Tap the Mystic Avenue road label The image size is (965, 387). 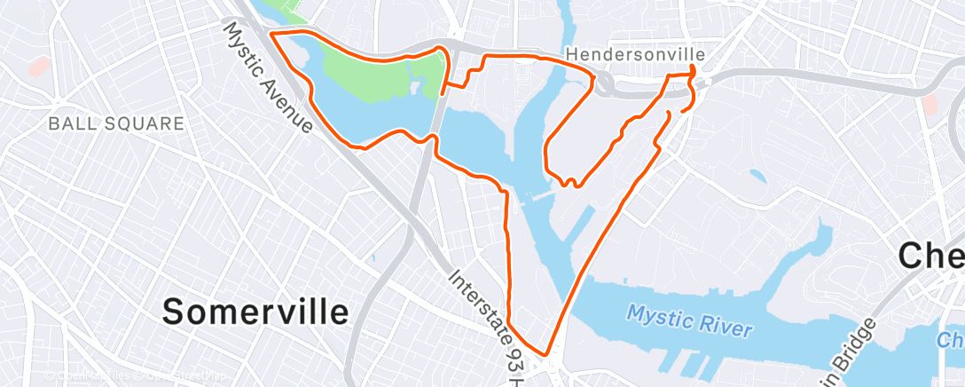268,78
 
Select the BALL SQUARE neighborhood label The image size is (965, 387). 116,123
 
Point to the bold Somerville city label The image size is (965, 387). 255,312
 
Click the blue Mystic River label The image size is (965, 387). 690,321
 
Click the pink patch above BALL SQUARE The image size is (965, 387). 38,66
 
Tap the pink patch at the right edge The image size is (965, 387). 929,107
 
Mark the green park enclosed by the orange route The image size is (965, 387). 382,71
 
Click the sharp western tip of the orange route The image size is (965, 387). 270,34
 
